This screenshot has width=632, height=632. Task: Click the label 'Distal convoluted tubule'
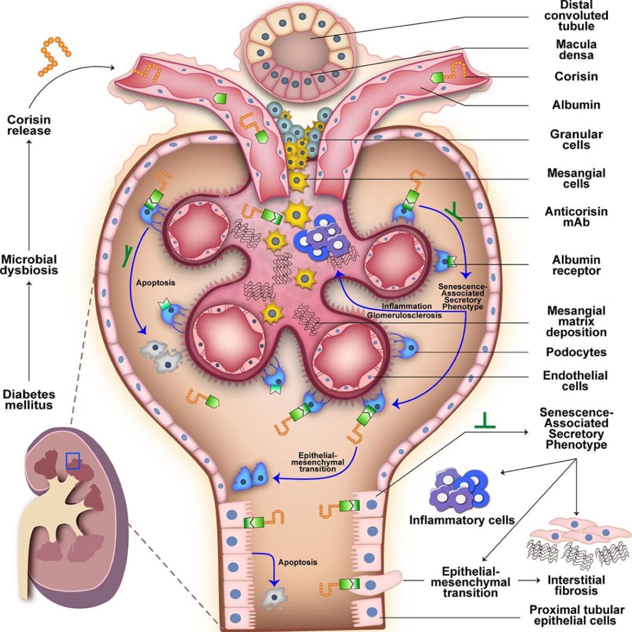(576, 15)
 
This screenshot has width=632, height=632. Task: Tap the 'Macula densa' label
(576, 50)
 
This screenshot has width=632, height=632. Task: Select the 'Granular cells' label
(576, 140)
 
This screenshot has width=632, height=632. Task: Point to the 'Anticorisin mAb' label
(576, 216)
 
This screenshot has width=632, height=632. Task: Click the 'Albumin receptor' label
(576, 265)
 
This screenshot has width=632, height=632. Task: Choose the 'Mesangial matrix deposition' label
(576, 321)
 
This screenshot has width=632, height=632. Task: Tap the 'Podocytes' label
(576, 352)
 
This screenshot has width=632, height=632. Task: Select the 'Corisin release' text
(29, 125)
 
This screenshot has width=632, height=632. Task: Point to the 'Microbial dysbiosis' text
(29, 264)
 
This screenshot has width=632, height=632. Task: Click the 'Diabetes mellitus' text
(29, 399)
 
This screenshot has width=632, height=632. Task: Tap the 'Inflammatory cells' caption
(462, 520)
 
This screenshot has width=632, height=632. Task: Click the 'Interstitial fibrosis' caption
(576, 585)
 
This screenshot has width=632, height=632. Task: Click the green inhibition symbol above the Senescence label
(485, 420)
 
